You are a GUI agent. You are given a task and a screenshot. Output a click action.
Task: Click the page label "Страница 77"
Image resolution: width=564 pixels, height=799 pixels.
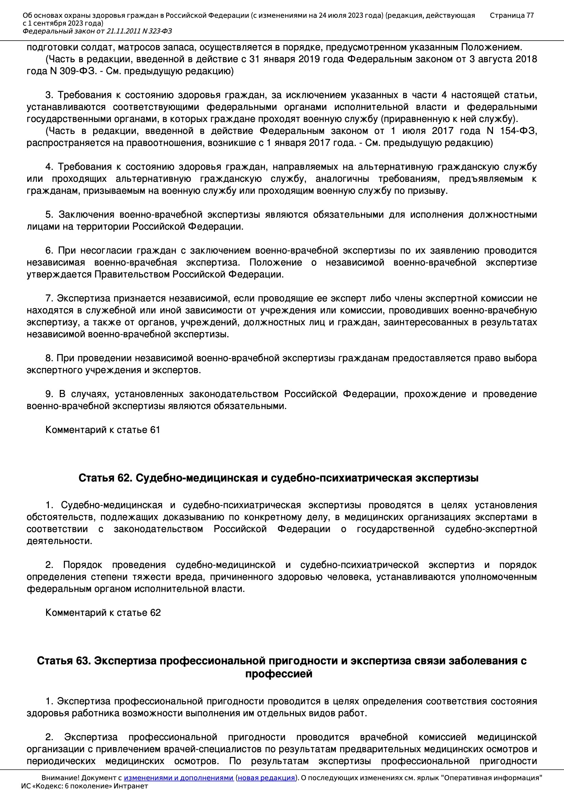(x=511, y=15)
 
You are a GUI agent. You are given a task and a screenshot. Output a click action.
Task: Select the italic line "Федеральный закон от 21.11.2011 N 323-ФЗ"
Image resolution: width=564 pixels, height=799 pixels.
(x=97, y=31)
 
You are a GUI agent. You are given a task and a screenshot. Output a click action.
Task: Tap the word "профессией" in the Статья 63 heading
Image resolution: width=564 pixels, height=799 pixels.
(x=279, y=674)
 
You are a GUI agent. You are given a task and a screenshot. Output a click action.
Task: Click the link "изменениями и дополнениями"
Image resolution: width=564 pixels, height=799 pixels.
(x=178, y=777)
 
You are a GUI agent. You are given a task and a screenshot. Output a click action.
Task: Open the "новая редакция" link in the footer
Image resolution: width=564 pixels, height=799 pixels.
(x=266, y=777)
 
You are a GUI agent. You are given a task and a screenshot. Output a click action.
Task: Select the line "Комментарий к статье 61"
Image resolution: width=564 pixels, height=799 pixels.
(x=102, y=430)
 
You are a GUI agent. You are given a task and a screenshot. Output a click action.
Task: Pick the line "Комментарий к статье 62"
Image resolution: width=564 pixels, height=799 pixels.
(x=103, y=612)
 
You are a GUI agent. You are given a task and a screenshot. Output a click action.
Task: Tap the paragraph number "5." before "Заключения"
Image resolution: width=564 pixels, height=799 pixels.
(x=49, y=215)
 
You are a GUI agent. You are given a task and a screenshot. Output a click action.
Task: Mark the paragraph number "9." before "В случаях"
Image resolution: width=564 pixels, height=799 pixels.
(x=49, y=394)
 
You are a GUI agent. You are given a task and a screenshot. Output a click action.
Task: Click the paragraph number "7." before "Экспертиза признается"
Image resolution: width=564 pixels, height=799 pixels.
(x=49, y=298)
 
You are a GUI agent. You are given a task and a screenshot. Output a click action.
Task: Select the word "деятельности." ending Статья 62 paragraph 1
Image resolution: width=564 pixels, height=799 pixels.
(x=59, y=541)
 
